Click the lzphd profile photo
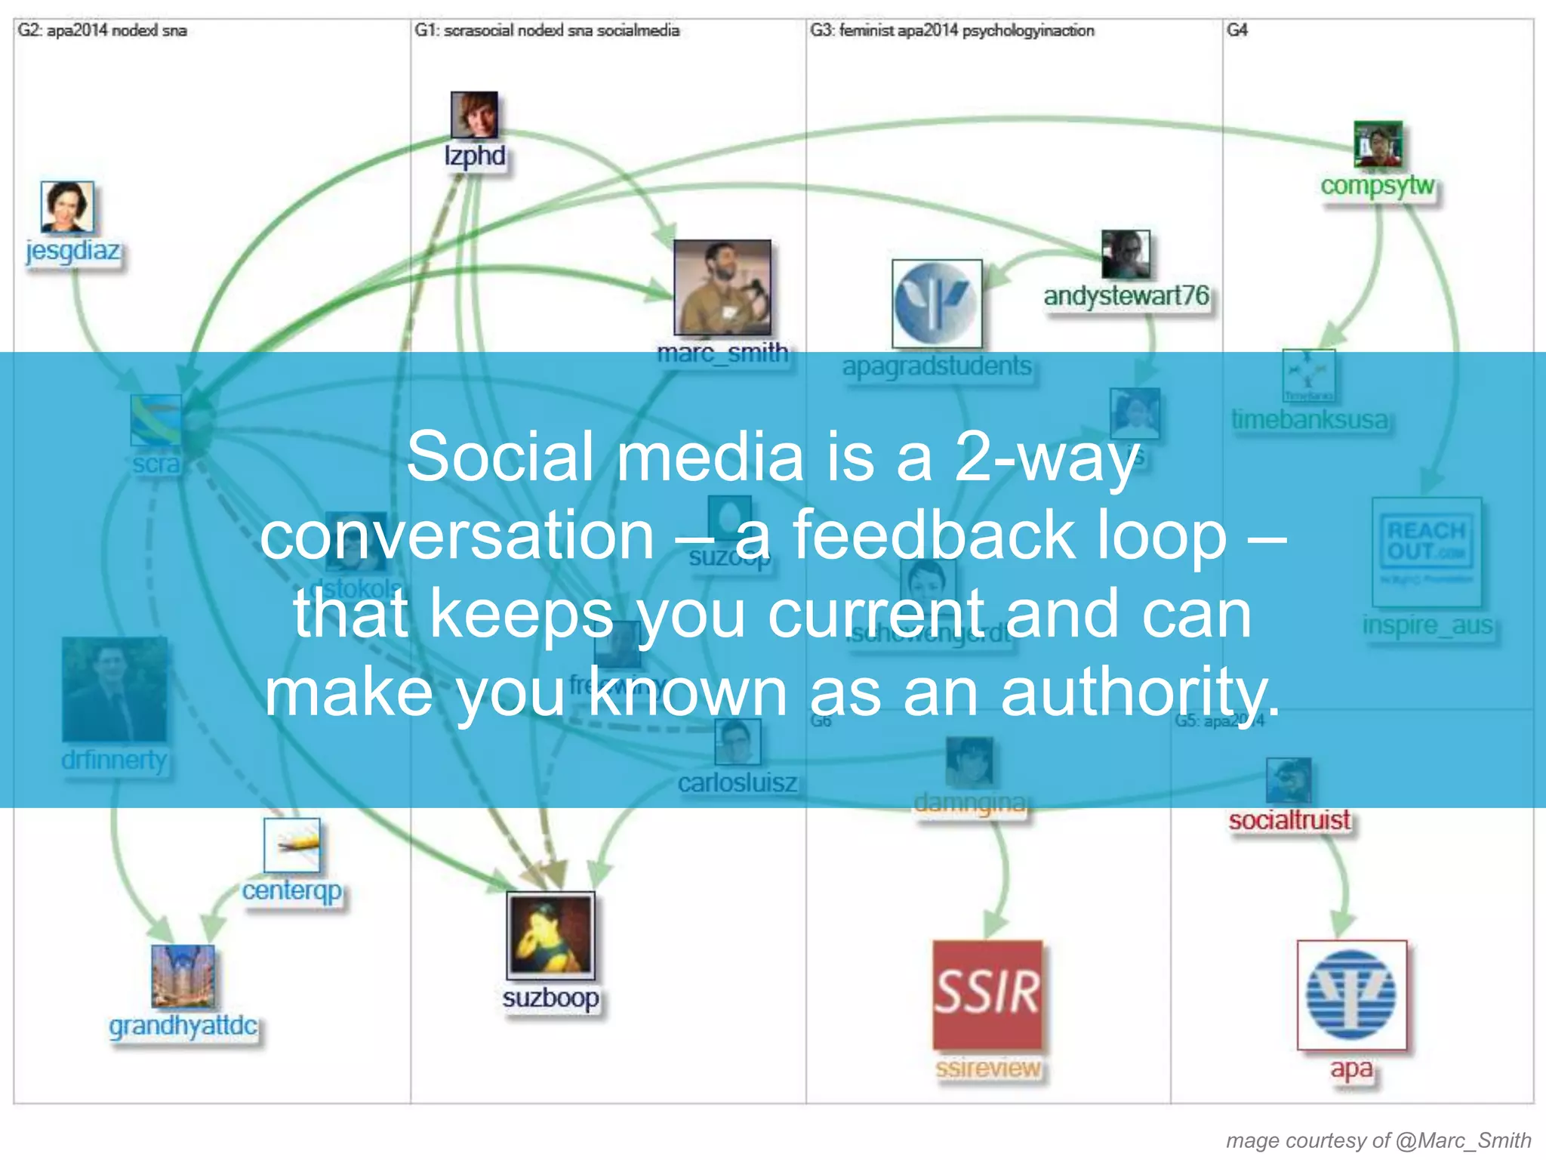[474, 115]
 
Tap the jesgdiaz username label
[72, 250]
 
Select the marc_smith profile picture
[722, 287]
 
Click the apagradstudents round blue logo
[937, 304]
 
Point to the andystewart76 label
[1126, 296]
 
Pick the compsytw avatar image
[1378, 143]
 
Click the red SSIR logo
[987, 994]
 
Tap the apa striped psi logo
[1351, 995]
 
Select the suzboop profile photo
[550, 935]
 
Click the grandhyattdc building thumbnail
[183, 976]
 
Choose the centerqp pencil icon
[292, 845]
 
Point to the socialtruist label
[1289, 820]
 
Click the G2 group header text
[102, 31]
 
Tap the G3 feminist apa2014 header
[951, 31]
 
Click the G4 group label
[1236, 31]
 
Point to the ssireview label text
[987, 1069]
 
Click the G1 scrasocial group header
[547, 31]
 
